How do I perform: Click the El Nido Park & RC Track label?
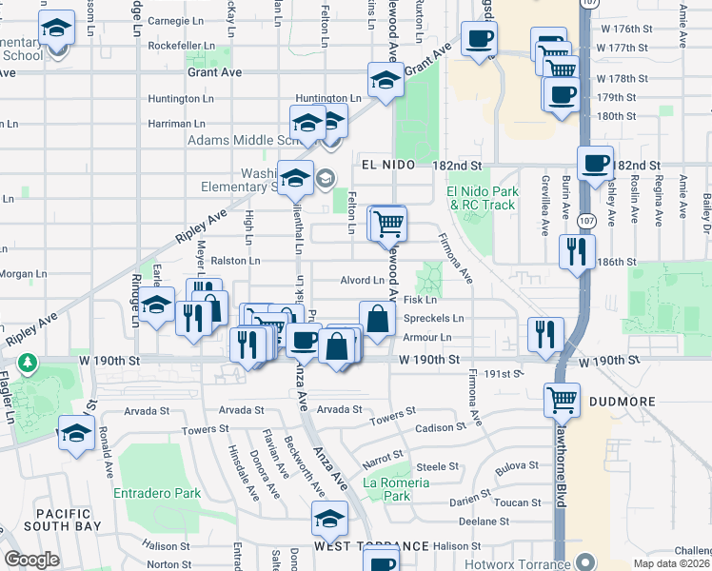481,198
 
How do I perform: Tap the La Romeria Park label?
397,489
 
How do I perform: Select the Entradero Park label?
157,493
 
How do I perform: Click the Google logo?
31,559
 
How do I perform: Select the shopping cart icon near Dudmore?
562,399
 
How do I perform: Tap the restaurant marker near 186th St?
577,251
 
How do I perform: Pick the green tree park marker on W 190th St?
30,364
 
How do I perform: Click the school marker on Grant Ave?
385,79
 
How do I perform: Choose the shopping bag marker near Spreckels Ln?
377,318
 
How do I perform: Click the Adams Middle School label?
238,139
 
